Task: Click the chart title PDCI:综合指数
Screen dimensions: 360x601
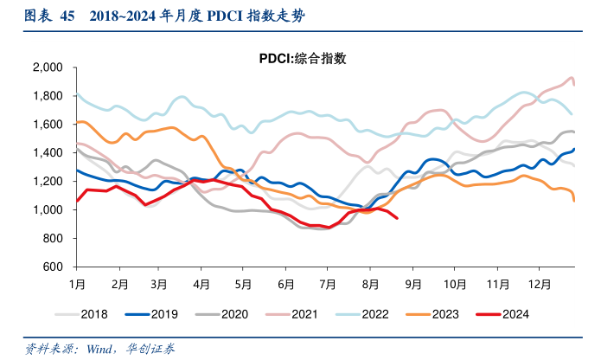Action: pyautogui.click(x=303, y=59)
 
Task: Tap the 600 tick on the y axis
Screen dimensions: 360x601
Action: pyautogui.click(x=54, y=267)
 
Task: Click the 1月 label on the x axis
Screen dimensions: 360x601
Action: pyautogui.click(x=77, y=283)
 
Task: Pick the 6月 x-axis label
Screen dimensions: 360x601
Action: pyautogui.click(x=285, y=283)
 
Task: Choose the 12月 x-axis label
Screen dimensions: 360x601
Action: pyautogui.click(x=539, y=283)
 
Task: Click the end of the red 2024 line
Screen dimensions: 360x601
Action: pyautogui.click(x=397, y=218)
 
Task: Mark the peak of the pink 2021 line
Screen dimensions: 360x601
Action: pyautogui.click(x=571, y=78)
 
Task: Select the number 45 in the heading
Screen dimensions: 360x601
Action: pyautogui.click(x=65, y=16)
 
